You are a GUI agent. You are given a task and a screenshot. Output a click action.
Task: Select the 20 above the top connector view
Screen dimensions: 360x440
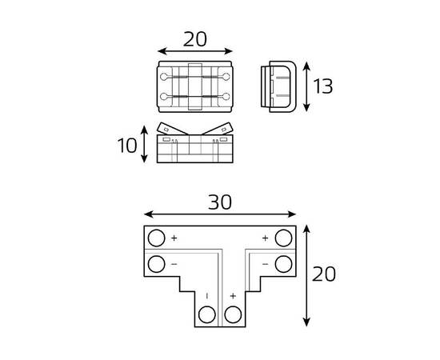[x=194, y=38]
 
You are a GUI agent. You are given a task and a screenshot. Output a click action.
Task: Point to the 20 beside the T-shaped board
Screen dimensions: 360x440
[x=323, y=274]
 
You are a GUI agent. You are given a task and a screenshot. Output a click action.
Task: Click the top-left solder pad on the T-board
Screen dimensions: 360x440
[x=156, y=238]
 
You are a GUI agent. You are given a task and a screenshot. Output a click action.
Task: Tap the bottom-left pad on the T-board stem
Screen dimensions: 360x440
[x=206, y=314]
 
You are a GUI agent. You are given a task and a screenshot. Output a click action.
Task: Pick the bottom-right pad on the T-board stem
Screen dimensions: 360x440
[x=233, y=314]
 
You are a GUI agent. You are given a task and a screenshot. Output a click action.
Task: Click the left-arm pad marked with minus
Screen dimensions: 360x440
[x=156, y=263]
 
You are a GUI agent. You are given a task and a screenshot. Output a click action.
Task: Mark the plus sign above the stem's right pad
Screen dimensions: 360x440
[x=233, y=296]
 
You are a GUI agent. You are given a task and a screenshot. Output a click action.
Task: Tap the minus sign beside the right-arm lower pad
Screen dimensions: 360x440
[x=265, y=263]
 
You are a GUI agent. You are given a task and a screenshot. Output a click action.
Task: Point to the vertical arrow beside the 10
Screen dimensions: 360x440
[x=145, y=144]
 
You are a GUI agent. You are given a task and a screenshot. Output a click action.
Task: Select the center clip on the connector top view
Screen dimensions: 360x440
[x=194, y=85]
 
